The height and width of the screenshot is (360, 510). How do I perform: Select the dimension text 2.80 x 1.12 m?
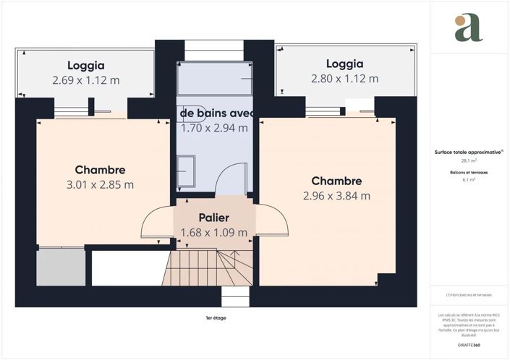(x=344, y=79)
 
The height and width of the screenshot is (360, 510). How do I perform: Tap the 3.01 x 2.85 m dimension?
(x=100, y=184)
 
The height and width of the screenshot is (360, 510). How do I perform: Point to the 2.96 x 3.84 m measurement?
(x=336, y=195)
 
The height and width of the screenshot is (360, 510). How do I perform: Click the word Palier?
(x=213, y=218)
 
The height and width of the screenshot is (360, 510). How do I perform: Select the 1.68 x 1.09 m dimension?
(x=213, y=232)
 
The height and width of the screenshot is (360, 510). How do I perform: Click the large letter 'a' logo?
(x=468, y=27)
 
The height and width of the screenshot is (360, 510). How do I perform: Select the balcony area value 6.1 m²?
(x=469, y=180)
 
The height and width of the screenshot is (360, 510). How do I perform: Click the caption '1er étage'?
(x=216, y=317)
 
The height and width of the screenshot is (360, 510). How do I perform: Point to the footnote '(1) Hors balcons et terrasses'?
(x=469, y=296)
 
